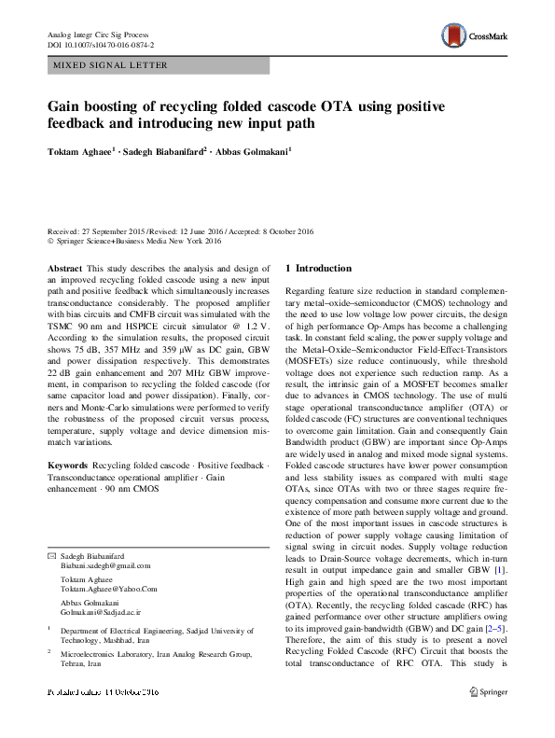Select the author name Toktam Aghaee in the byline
tap(82, 149)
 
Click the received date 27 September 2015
tap(115, 230)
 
